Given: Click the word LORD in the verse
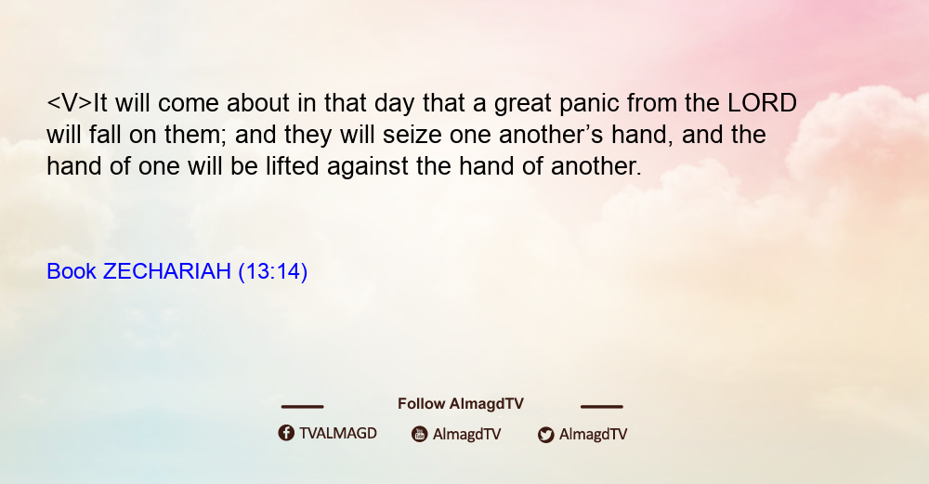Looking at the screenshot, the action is click(762, 103).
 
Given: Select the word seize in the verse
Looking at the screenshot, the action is click(412, 135).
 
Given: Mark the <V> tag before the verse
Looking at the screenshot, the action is click(70, 103).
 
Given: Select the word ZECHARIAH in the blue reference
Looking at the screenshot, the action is click(166, 271).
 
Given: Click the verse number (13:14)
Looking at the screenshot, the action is click(272, 272).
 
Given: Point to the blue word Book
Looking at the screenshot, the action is click(72, 271).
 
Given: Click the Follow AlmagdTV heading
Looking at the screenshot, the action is click(461, 404).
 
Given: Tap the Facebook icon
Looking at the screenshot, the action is click(286, 433).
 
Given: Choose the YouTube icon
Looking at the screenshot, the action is click(420, 434).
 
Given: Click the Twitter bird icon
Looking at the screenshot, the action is click(545, 435).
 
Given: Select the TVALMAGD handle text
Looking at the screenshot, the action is click(338, 434).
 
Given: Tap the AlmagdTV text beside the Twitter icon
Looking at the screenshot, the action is click(593, 435).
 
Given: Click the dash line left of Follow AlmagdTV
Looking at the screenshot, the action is click(302, 407).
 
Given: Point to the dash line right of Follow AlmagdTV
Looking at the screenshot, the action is click(602, 407).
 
